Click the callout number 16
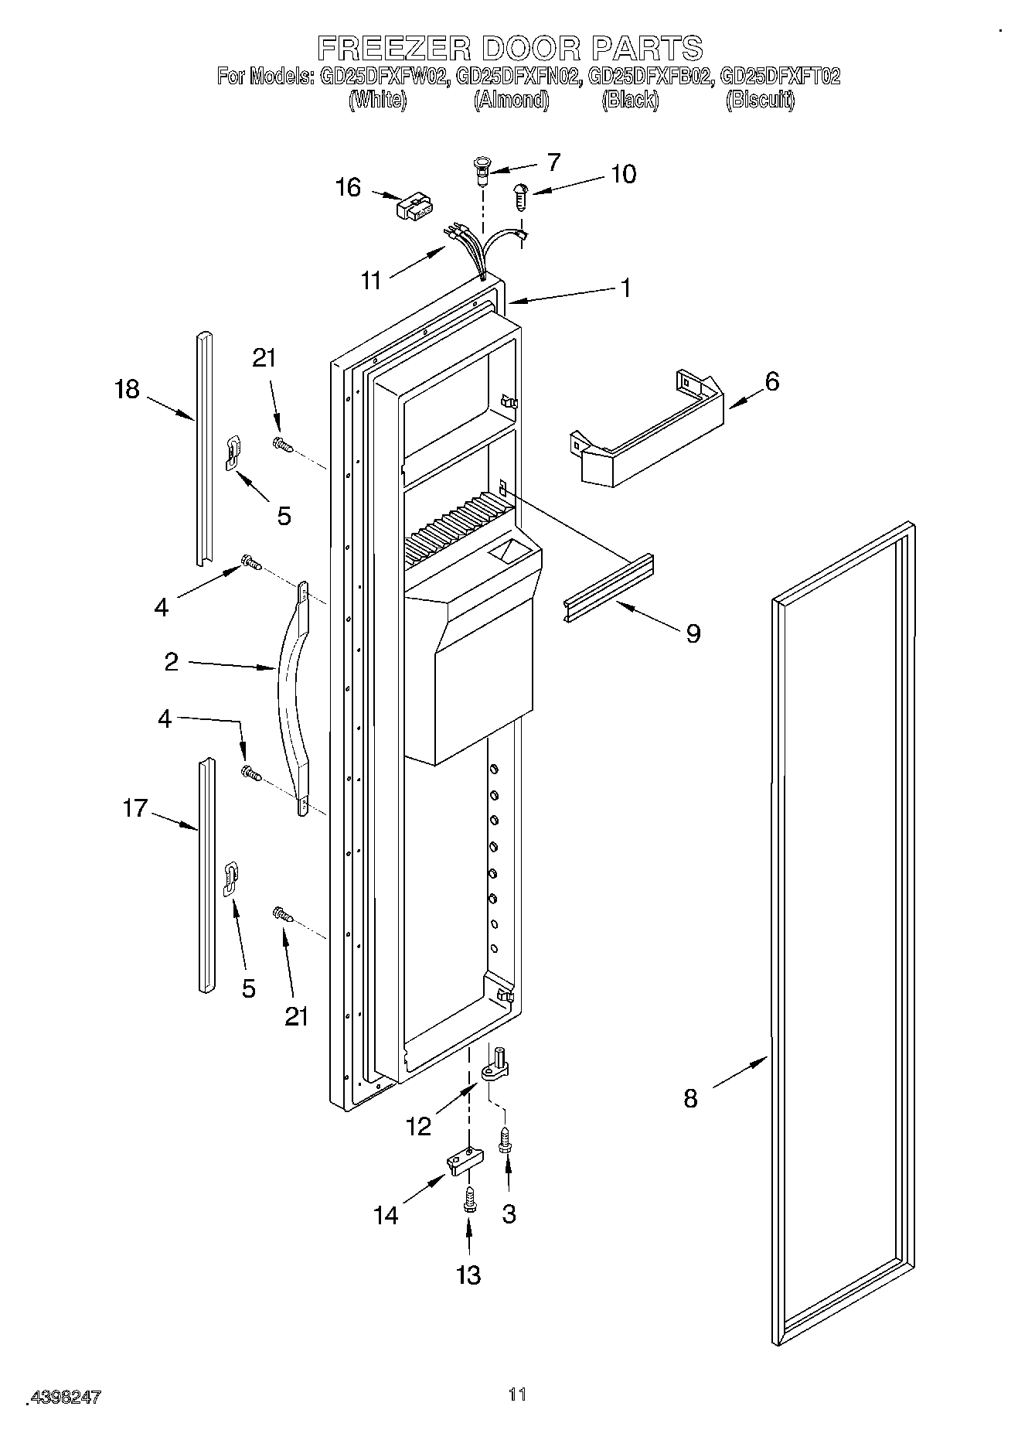(349, 187)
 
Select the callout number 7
(553, 162)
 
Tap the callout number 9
(693, 633)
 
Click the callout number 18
(128, 389)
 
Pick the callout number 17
(134, 809)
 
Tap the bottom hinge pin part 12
(496, 1066)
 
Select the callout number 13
(468, 1275)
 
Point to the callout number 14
(386, 1215)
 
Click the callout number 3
(509, 1213)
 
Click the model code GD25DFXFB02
(650, 77)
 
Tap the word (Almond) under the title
(511, 100)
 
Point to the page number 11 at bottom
(517, 1394)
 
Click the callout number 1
(626, 288)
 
